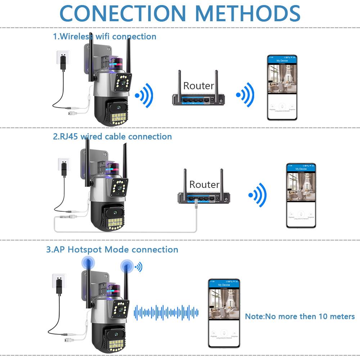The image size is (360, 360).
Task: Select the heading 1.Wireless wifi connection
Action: point(105,36)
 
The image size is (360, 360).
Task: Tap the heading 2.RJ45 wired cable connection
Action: point(112,137)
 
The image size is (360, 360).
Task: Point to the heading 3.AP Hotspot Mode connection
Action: point(112,249)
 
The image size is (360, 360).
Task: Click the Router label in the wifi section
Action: point(198,86)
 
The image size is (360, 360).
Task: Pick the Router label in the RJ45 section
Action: point(204,185)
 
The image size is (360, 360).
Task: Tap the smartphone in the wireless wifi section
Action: point(282,87)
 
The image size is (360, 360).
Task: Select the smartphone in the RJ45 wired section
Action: point(301,195)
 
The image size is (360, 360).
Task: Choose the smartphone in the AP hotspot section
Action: point(224,313)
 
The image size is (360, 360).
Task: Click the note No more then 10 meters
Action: point(300,316)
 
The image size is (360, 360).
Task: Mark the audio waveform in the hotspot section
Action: point(166,312)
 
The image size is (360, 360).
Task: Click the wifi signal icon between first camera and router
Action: point(144,96)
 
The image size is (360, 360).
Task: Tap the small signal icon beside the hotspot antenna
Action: point(138,267)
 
